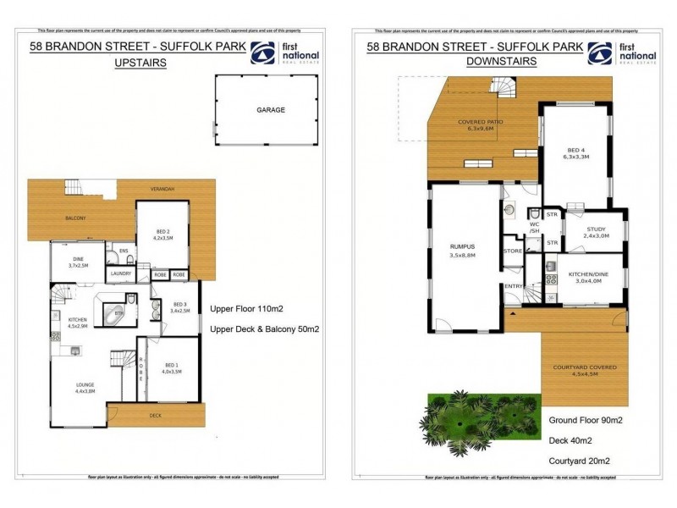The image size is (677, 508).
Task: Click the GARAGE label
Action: pos(271,110)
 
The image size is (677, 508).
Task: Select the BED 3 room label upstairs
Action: pos(179,307)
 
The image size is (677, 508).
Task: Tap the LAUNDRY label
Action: pos(120,274)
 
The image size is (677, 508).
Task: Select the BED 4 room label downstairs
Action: pos(575,152)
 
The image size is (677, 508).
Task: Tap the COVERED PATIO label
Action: pos(481,125)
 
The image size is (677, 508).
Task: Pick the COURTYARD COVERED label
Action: pos(585,370)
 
